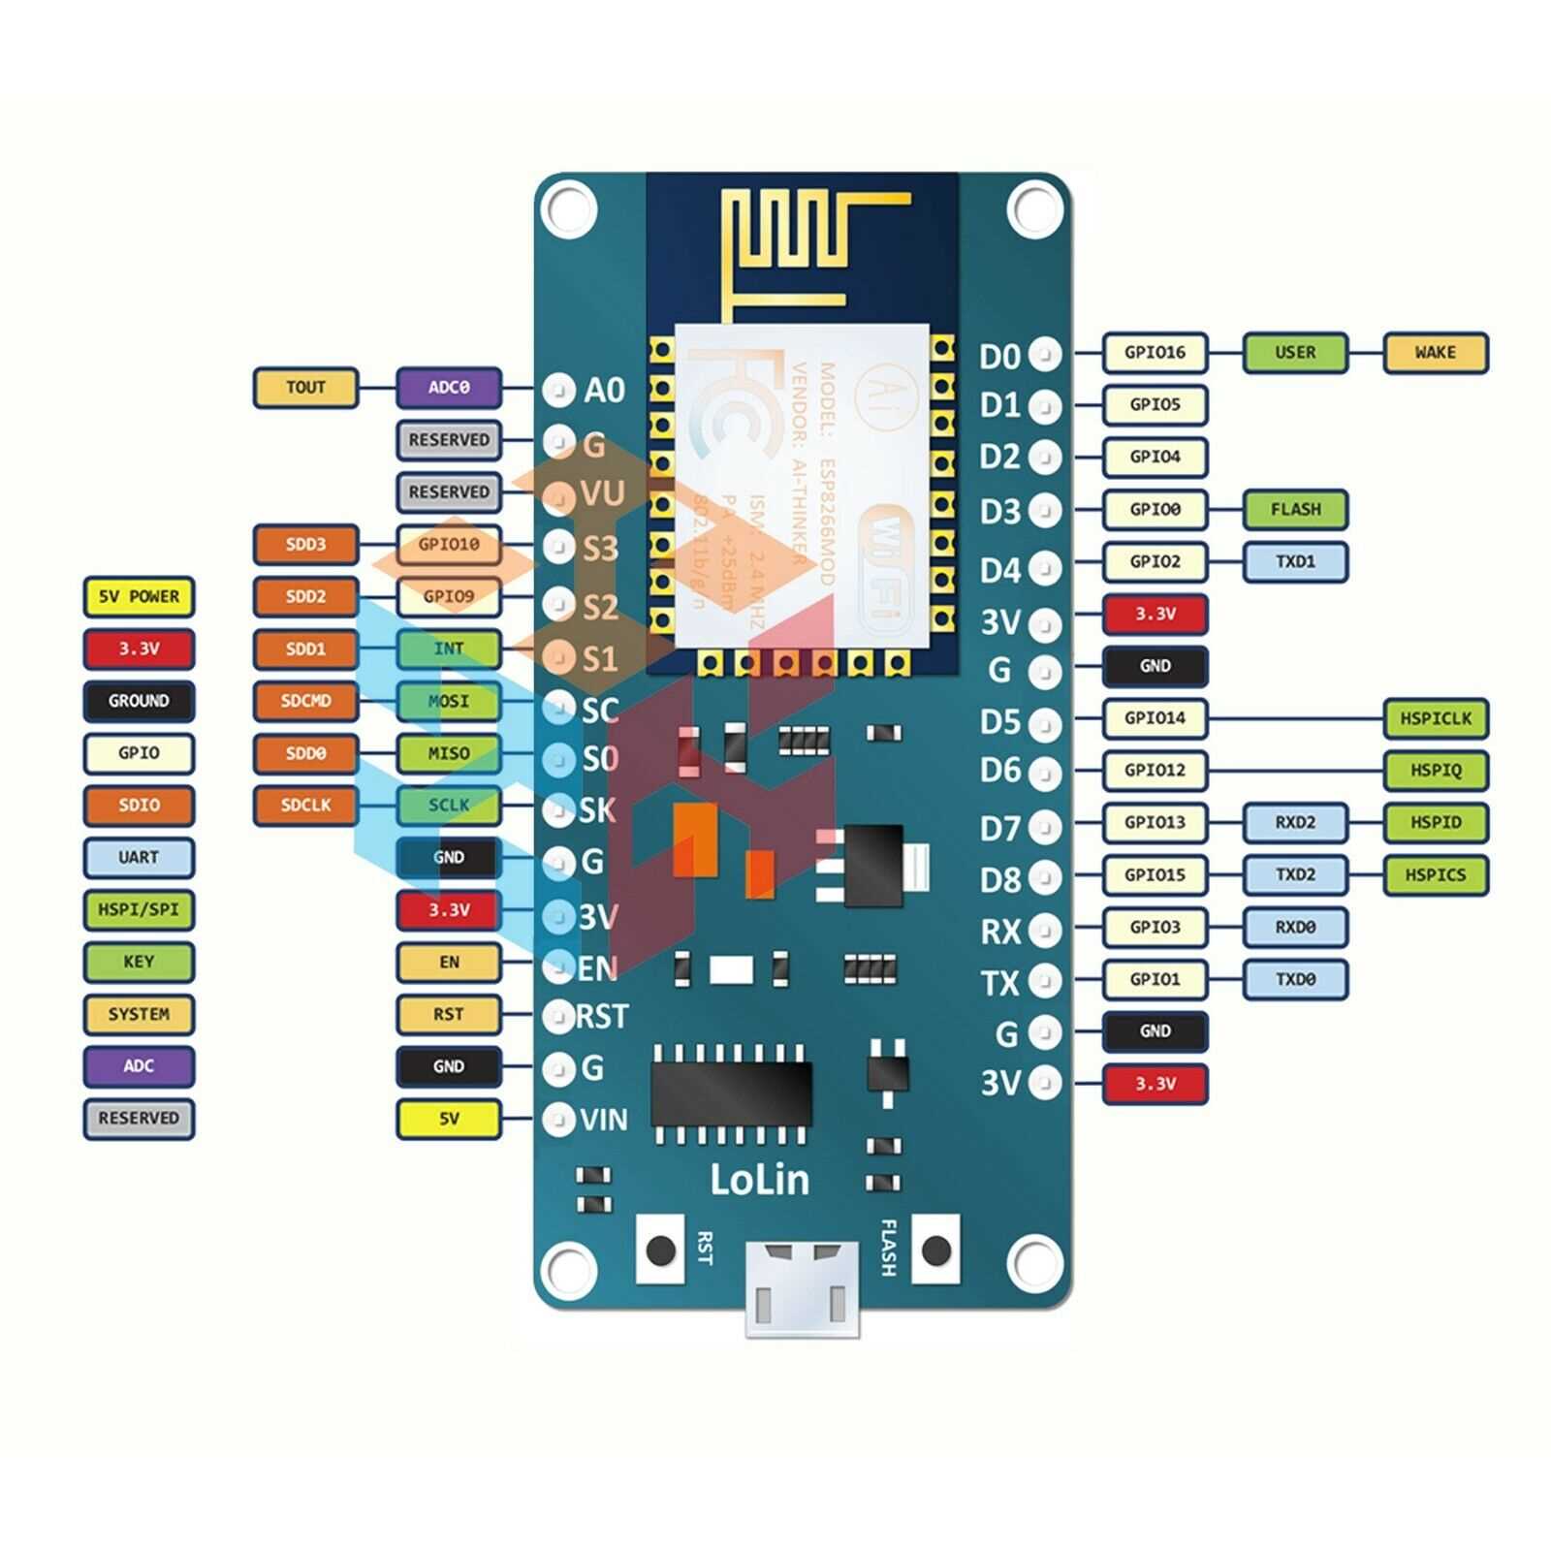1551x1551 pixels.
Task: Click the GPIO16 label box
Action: click(x=1155, y=353)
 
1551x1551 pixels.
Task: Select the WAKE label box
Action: click(x=1435, y=353)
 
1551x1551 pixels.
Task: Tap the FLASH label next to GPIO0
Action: click(x=1295, y=509)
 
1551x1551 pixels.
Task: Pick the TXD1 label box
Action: click(x=1295, y=561)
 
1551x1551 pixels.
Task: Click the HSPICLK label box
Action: click(x=1435, y=718)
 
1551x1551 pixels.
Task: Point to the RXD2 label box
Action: click(x=1295, y=823)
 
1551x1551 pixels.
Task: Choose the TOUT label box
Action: click(x=305, y=388)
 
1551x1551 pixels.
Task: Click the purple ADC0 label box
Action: click(x=448, y=388)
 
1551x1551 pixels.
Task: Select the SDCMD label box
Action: click(x=305, y=701)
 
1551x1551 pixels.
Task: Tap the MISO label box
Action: click(x=448, y=753)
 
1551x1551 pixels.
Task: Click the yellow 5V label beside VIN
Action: click(x=448, y=1119)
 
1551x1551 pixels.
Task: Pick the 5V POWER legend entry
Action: click(x=139, y=597)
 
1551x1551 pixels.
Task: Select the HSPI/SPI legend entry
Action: click(x=139, y=910)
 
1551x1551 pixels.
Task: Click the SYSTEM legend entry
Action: click(x=139, y=1014)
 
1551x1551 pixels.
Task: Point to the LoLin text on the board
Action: click(x=759, y=1180)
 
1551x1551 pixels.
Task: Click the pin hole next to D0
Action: click(x=1044, y=355)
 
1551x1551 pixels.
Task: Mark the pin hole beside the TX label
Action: click(x=1044, y=981)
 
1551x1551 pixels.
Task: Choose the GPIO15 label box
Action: click(x=1155, y=875)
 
